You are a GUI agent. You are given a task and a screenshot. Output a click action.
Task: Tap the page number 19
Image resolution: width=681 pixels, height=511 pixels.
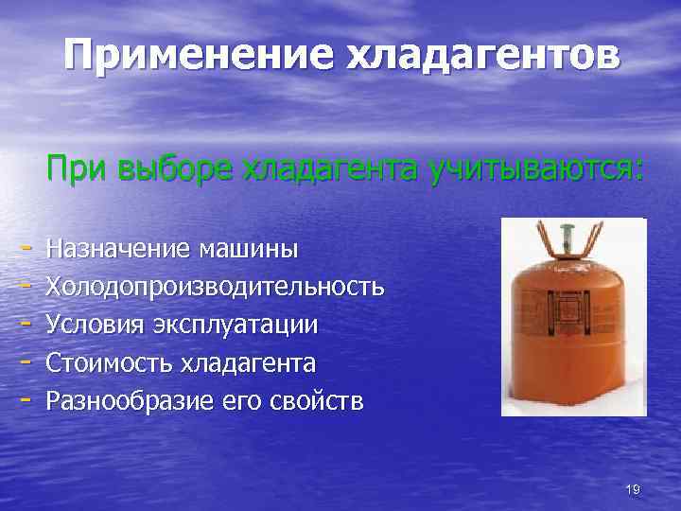(x=633, y=488)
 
